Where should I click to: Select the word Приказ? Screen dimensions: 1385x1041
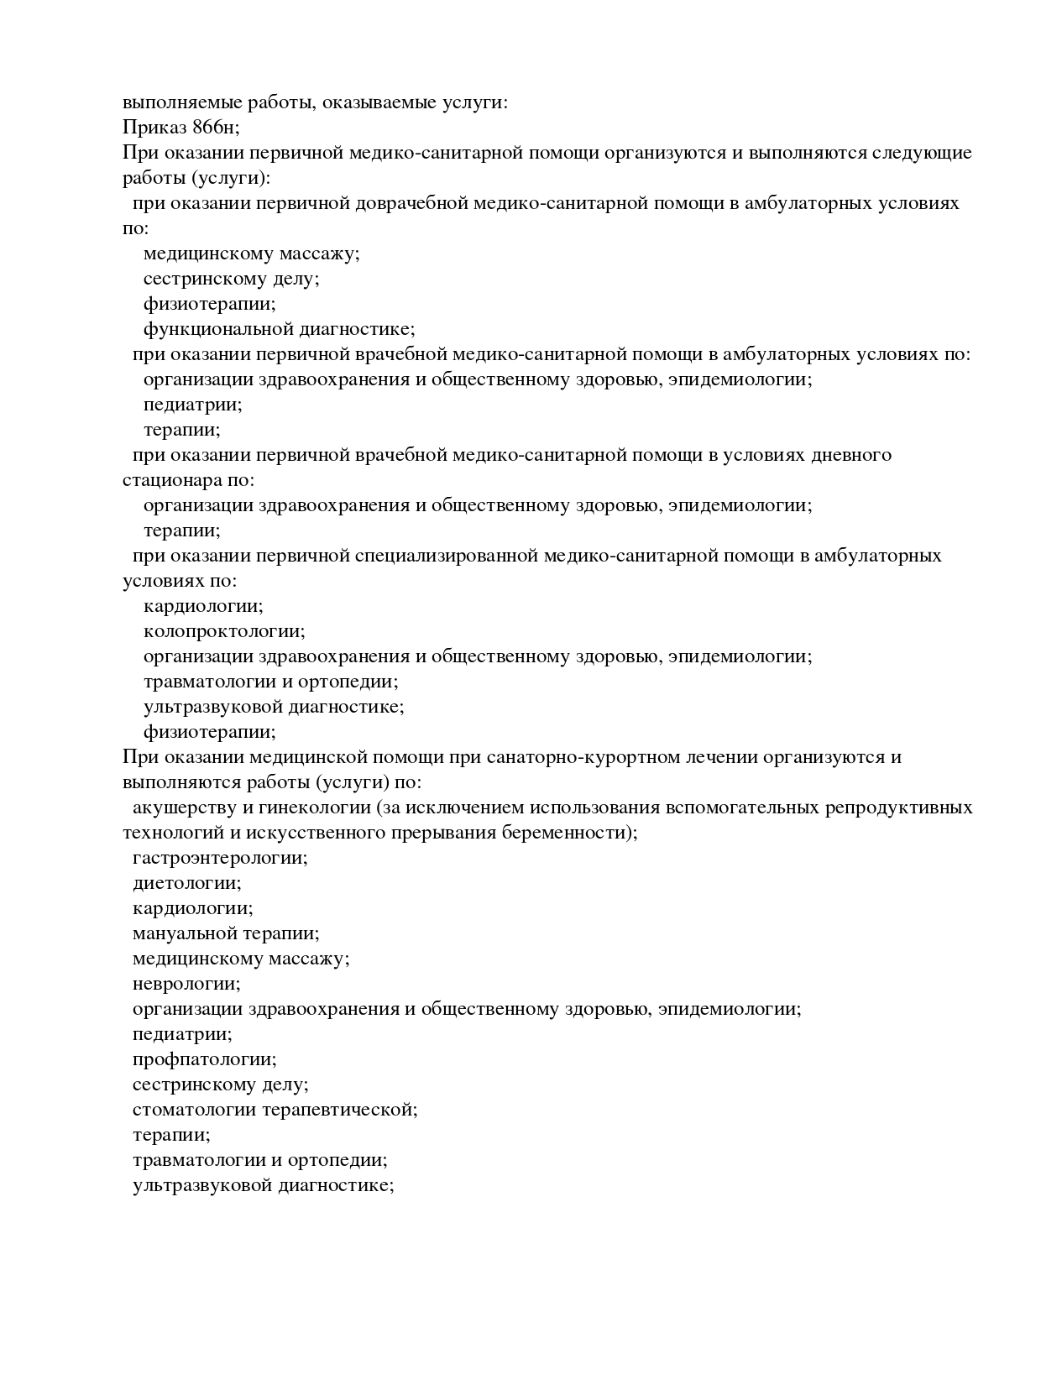click(154, 128)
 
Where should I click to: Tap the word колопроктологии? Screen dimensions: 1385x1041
click(223, 631)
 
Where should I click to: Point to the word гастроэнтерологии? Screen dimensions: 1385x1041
click(219, 858)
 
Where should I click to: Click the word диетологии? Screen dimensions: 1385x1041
click(186, 883)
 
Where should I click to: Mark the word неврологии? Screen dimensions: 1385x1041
click(186, 984)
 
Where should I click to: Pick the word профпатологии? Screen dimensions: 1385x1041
click(204, 1059)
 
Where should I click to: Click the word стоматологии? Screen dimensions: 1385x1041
click(195, 1110)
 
